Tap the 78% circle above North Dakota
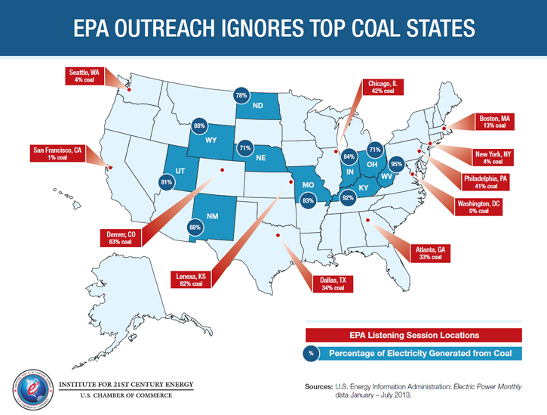[x=241, y=96]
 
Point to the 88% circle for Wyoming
[x=199, y=126]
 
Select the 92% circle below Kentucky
[x=348, y=198]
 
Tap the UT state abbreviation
[x=180, y=172]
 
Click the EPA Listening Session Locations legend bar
[x=413, y=334]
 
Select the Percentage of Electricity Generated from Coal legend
[x=413, y=353]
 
